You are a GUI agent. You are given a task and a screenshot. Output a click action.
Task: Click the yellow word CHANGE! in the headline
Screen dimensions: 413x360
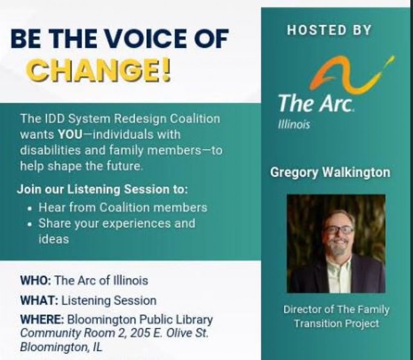[x=100, y=71]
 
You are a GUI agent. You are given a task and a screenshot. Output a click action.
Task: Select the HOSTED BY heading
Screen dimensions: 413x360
[x=329, y=30]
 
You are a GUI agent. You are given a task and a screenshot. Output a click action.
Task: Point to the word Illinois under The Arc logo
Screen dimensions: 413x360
[x=294, y=124]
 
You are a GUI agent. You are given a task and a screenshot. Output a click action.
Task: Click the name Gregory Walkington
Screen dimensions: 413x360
[x=330, y=173]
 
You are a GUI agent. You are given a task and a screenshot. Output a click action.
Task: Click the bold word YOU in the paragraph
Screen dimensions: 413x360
[x=70, y=135]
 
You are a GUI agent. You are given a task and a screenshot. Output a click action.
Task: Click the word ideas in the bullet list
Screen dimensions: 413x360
[x=54, y=239]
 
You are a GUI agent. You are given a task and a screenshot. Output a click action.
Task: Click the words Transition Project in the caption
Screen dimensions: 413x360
[x=337, y=323]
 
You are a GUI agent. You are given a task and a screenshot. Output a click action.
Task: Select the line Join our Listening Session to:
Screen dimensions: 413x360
[x=103, y=189]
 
